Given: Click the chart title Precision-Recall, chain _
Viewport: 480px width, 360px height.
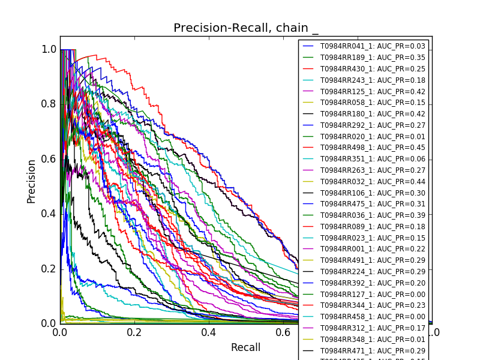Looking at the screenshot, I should pos(246,28).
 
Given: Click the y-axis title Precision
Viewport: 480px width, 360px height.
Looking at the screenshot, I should pos(31,181).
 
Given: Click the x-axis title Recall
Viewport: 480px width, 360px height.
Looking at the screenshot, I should pos(245,348).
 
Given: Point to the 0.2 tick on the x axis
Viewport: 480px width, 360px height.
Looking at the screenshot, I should pos(134,332).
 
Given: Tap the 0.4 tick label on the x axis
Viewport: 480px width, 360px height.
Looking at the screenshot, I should pos(209,332).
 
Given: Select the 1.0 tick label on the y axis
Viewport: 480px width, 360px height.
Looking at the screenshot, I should pos(49,49).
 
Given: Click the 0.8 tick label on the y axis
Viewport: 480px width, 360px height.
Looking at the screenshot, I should pos(49,104).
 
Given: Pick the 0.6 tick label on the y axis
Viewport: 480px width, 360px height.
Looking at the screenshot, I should pos(49,159).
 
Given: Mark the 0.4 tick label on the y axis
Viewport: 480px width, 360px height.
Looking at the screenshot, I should pos(49,214).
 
